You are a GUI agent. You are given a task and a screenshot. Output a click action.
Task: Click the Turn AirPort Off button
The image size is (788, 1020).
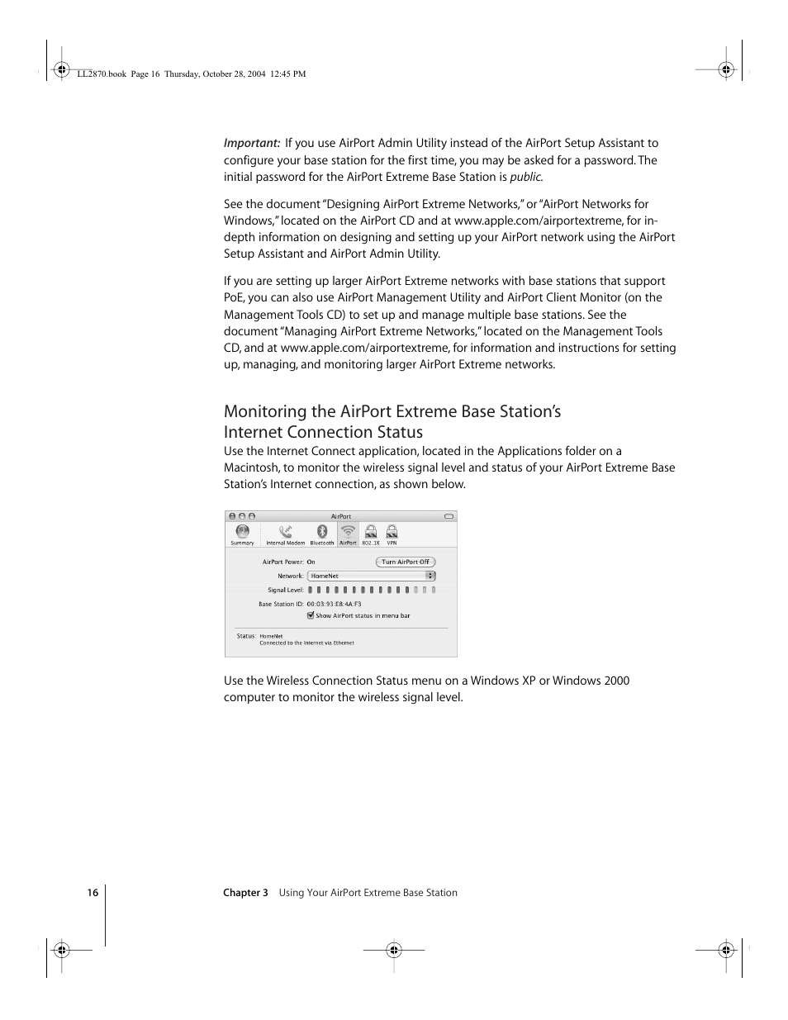click(x=405, y=562)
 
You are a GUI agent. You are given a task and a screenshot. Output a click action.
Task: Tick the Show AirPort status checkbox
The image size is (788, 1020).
click(x=311, y=615)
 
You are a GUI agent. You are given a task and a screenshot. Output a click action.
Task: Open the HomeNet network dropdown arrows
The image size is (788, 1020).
click(x=430, y=576)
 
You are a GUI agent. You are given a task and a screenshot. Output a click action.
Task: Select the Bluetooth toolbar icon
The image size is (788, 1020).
click(x=322, y=532)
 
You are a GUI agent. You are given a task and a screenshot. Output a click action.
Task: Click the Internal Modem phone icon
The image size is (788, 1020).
click(x=286, y=532)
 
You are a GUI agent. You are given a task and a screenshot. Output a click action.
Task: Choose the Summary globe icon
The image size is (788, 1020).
click(x=242, y=532)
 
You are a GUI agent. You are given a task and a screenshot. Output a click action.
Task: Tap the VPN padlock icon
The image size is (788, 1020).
click(x=392, y=532)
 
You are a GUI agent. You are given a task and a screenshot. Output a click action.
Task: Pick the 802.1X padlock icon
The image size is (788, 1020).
click(x=371, y=532)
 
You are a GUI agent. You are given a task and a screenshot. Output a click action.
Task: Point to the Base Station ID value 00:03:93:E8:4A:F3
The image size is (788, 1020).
click(x=334, y=604)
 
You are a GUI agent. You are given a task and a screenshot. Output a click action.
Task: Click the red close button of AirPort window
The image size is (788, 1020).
click(x=232, y=516)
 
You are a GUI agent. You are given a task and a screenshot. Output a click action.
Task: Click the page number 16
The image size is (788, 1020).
click(x=93, y=893)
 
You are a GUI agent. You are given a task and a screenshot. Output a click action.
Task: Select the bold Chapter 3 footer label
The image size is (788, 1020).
click(x=245, y=893)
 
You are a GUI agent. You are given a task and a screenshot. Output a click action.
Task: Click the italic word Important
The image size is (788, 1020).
click(x=251, y=143)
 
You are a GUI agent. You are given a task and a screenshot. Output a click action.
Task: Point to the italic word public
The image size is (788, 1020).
click(x=525, y=177)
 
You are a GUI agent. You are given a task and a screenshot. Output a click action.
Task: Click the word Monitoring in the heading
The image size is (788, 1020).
click(x=265, y=411)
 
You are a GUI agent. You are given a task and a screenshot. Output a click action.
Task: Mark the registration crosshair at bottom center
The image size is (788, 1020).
click(x=394, y=950)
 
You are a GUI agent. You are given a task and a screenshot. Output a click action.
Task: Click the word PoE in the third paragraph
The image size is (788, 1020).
click(x=234, y=297)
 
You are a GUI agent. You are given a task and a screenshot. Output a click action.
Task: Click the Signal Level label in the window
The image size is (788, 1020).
click(x=285, y=590)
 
